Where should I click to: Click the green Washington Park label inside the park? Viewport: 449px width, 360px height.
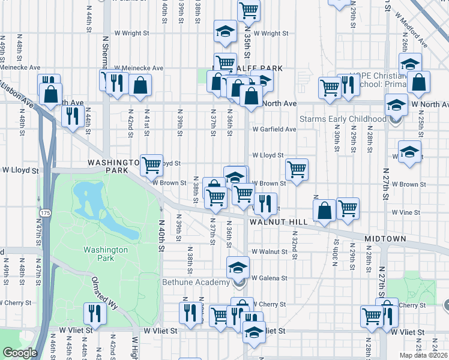pyautogui.click(x=106, y=254)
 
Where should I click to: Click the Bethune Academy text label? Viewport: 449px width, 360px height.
pyautogui.click(x=196, y=282)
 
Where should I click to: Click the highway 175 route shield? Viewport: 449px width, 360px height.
pyautogui.click(x=45, y=213)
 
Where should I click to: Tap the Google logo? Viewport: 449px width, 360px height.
pyautogui.click(x=20, y=353)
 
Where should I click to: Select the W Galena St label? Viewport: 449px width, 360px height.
pyautogui.click(x=270, y=278)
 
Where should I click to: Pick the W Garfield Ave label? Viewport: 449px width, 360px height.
pyautogui.click(x=274, y=129)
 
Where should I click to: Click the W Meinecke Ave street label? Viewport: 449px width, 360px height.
pyautogui.click(x=139, y=68)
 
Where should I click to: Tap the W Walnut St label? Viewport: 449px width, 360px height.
pyautogui.click(x=270, y=251)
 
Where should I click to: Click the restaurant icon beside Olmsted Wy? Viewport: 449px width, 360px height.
pyautogui.click(x=95, y=313)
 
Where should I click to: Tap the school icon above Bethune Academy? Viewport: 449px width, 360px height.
pyautogui.click(x=238, y=266)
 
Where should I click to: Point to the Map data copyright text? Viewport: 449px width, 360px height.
pyautogui.click(x=424, y=355)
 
